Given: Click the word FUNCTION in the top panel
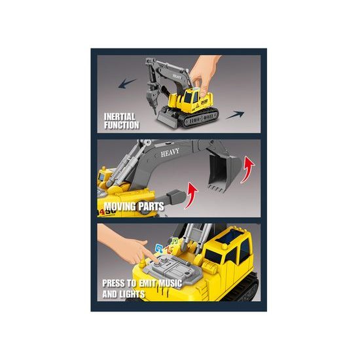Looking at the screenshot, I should tap(122, 124).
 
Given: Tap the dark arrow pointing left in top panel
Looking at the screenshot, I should tap(129, 83).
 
